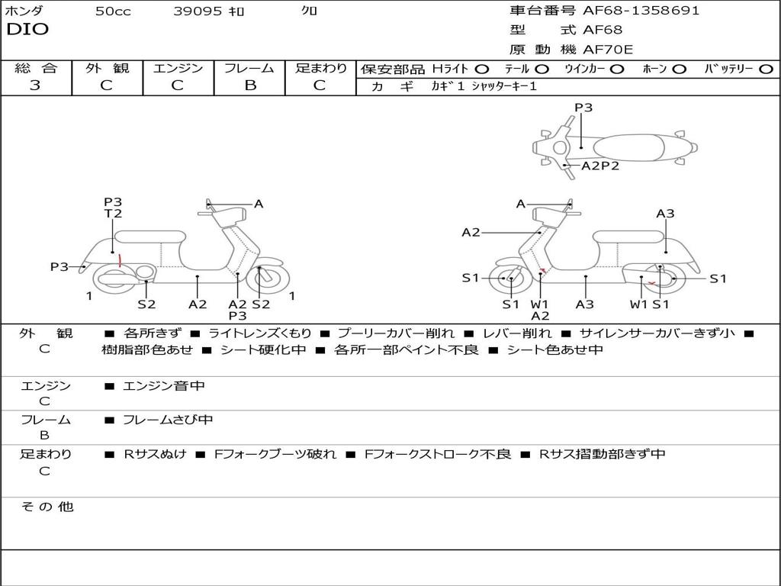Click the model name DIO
click(x=27, y=30)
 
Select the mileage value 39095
click(x=198, y=11)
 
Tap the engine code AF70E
click(x=608, y=50)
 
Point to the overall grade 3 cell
click(x=35, y=85)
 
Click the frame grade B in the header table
click(x=249, y=85)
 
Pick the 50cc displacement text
click(x=113, y=11)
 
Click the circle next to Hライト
click(x=482, y=69)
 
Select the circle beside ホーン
click(x=680, y=69)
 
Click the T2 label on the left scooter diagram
click(x=113, y=214)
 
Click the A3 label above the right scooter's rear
click(x=665, y=214)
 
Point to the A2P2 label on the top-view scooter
click(x=600, y=166)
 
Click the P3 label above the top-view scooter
click(x=583, y=108)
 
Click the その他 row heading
click(x=47, y=507)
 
